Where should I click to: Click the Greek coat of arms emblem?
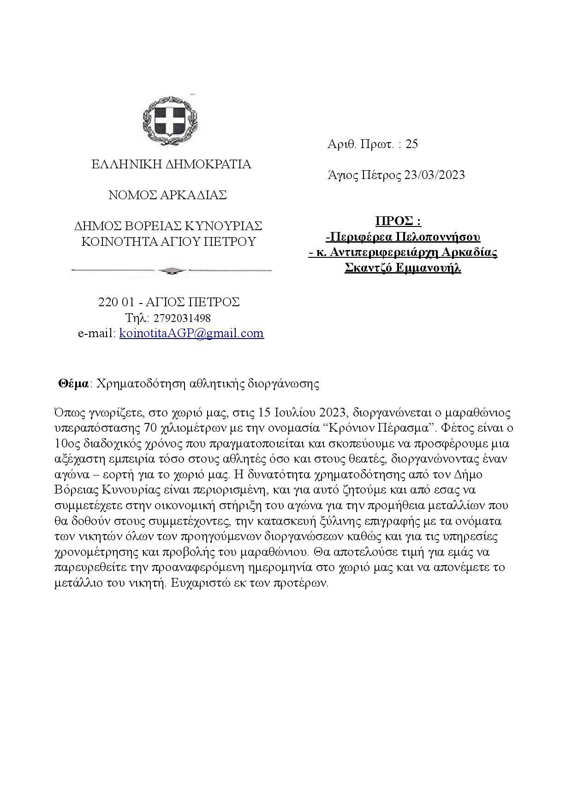(170, 119)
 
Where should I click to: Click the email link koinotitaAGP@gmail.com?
(191, 333)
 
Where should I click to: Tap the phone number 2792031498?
(181, 318)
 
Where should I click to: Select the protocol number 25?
(411, 144)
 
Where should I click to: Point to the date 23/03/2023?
(434, 175)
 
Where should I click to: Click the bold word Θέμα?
(73, 384)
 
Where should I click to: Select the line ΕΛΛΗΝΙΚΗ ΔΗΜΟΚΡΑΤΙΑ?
(171, 164)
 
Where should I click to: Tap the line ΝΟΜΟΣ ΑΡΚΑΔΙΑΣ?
(167, 195)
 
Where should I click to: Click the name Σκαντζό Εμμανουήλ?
(403, 268)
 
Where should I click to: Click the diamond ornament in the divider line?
(170, 270)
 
